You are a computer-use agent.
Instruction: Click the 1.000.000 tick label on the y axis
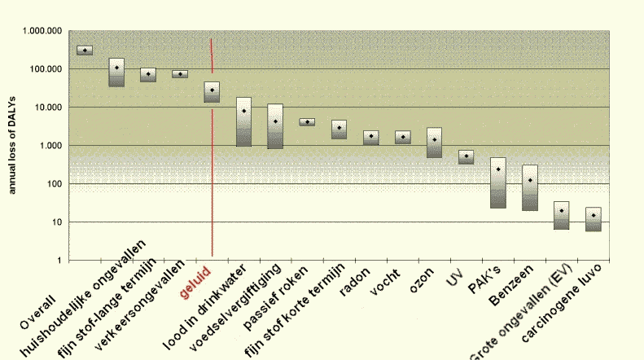point(43,31)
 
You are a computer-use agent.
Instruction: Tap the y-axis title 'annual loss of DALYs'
point(11,145)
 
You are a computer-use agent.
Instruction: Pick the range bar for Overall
point(85,50)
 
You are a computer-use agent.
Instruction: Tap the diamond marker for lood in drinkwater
point(243,111)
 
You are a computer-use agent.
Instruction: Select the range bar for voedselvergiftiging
point(275,126)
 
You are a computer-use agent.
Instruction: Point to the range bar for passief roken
point(307,122)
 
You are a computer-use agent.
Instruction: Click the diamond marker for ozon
point(435,139)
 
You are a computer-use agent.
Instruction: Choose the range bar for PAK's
point(498,182)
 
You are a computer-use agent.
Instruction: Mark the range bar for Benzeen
point(530,187)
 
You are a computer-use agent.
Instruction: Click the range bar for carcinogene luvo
point(594,219)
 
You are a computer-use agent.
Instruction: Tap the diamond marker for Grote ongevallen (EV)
point(562,211)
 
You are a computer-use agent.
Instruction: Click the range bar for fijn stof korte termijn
point(339,130)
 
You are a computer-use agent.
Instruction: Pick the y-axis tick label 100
point(53,184)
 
